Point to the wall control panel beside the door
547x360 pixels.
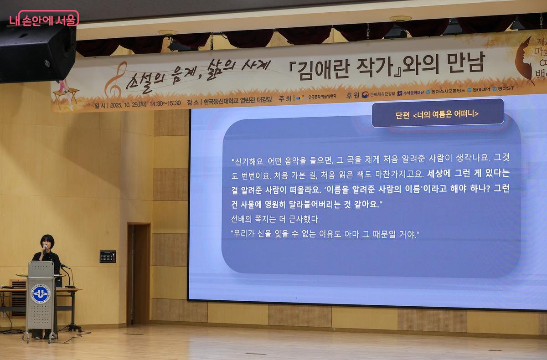click(108, 257)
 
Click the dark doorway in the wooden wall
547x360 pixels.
click(139, 273)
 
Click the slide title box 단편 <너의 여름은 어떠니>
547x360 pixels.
click(437, 113)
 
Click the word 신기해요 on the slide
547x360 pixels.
click(248, 161)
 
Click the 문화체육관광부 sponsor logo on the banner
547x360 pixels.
click(378, 94)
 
